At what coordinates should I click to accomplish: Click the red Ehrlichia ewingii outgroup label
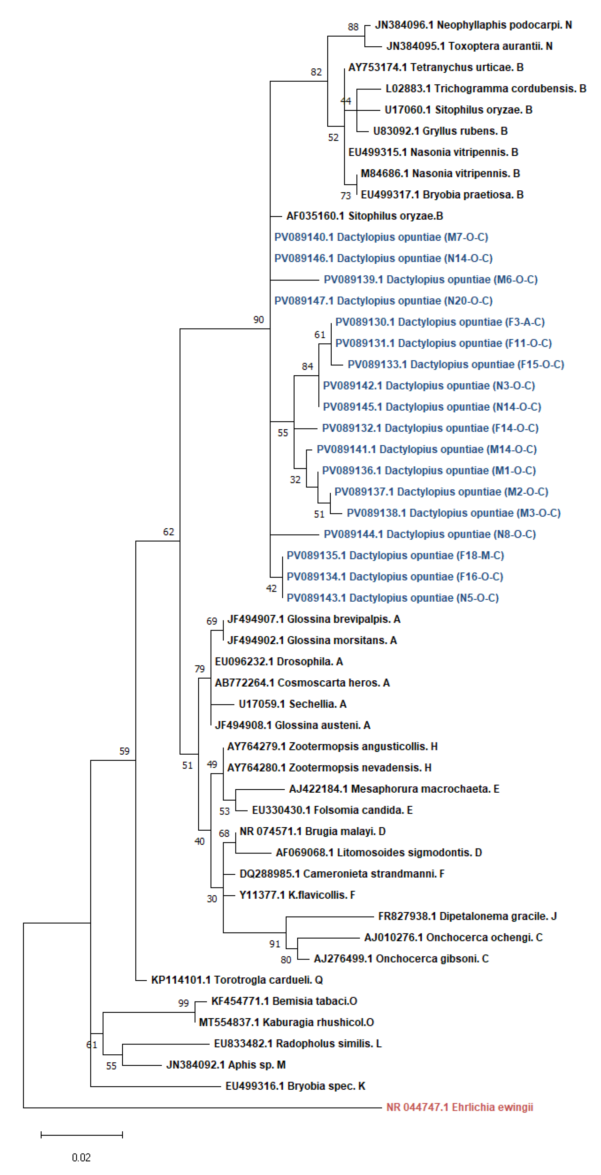[x=459, y=1107]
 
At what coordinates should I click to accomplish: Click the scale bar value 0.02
[x=81, y=1157]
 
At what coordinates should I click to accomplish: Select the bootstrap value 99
[x=183, y=1003]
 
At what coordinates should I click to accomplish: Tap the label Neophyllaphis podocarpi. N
[x=473, y=25]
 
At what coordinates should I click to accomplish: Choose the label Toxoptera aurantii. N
[x=469, y=46]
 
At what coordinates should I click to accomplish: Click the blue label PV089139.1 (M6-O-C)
[x=430, y=280]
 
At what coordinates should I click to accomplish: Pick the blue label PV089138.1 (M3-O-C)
[x=453, y=513]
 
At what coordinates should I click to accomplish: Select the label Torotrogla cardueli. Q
[x=237, y=980]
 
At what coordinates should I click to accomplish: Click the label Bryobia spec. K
[x=295, y=1086]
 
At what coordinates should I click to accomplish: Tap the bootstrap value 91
[x=274, y=944]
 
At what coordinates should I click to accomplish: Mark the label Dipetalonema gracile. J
[x=467, y=916]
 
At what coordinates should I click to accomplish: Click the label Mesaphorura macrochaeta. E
[x=394, y=789]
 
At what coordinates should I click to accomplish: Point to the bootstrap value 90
[x=259, y=320]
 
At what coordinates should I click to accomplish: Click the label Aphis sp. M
[x=226, y=1064]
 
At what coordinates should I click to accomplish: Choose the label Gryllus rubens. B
[x=440, y=131]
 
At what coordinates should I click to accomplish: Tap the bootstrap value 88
[x=353, y=27]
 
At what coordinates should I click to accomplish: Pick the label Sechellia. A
[x=292, y=704]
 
